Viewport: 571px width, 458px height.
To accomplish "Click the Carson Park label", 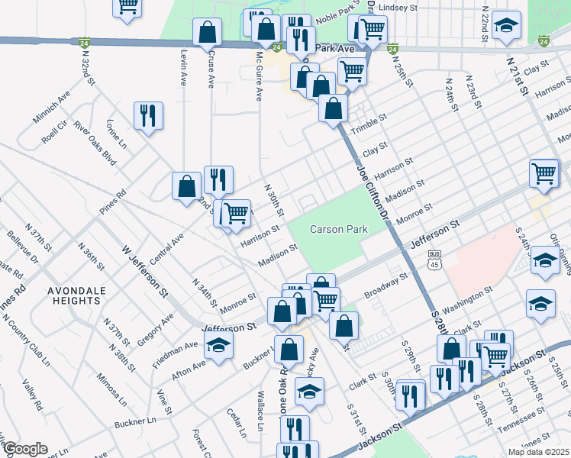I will point(338,229).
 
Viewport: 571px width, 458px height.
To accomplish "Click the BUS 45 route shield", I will point(434,259).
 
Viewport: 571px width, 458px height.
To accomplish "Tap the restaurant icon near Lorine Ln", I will point(147,116).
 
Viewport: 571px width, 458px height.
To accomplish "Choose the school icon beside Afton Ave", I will point(219,347).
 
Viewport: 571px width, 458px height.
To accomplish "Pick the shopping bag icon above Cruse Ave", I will point(207,33).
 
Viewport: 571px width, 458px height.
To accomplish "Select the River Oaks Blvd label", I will point(95,142).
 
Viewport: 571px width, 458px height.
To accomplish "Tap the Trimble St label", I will point(366,128).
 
